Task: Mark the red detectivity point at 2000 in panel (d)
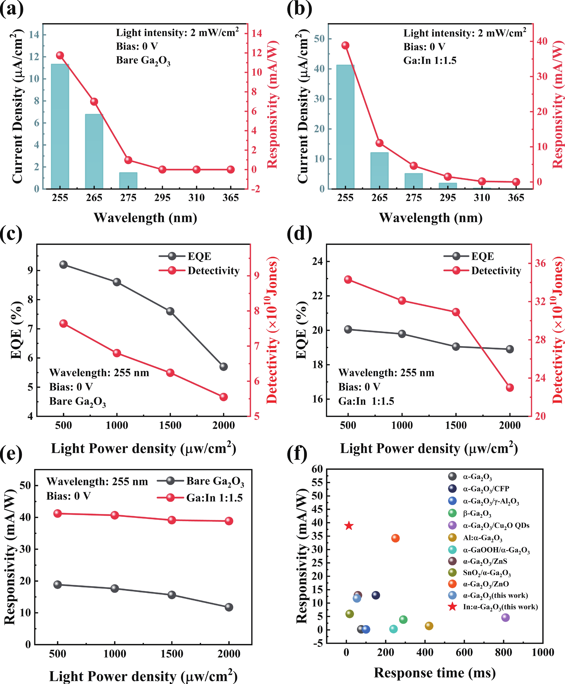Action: click(510, 388)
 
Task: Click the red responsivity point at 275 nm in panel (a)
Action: click(128, 160)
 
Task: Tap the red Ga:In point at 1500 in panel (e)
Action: click(172, 520)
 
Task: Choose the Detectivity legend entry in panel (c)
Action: click(213, 271)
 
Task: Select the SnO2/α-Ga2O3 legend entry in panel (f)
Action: click(487, 573)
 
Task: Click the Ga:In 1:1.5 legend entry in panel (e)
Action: click(214, 498)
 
